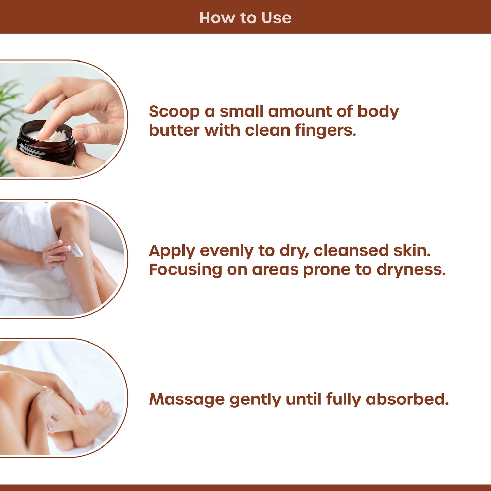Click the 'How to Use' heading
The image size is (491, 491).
pos(245,18)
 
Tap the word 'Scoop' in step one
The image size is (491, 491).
pos(174,112)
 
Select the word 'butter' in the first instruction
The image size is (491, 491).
pos(174,130)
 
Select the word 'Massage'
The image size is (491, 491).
pos(187,399)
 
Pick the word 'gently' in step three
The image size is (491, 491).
pos(255,400)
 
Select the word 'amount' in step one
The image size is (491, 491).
pos(300,112)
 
